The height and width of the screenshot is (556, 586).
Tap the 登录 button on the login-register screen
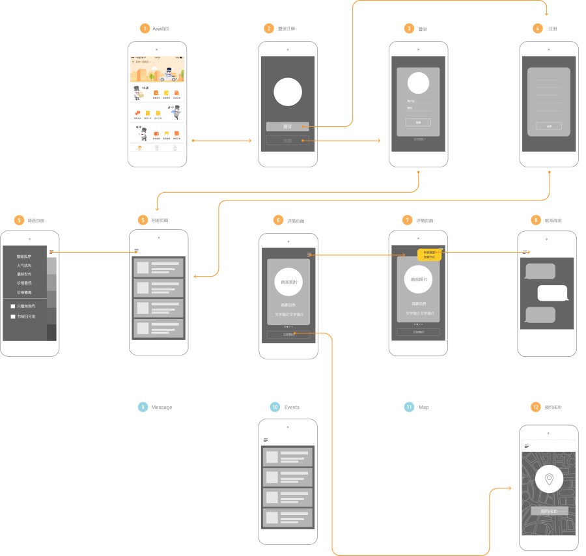[x=287, y=126]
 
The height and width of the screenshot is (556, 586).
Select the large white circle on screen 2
[x=287, y=91]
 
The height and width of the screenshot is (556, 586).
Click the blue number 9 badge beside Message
[x=143, y=407]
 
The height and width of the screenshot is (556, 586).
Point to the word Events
[x=292, y=407]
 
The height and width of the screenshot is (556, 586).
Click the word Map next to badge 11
[x=423, y=407]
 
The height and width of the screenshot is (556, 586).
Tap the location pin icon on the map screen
[x=550, y=480]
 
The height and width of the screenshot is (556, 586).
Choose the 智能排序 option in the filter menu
[x=24, y=257]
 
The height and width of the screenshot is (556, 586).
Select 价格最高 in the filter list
[x=24, y=292]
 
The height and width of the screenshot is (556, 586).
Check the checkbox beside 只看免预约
[x=12, y=306]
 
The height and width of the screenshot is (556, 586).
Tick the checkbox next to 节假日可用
[x=12, y=316]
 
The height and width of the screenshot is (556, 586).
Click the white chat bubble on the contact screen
[x=553, y=293]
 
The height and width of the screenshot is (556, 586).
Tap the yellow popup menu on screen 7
[x=430, y=255]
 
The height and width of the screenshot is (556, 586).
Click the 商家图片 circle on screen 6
[x=288, y=283]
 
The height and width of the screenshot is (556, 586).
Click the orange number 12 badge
[x=536, y=407]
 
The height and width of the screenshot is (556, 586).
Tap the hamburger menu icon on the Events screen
[x=266, y=440]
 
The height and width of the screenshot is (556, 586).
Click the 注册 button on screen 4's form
[x=549, y=126]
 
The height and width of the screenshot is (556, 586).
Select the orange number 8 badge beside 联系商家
[x=536, y=221]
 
